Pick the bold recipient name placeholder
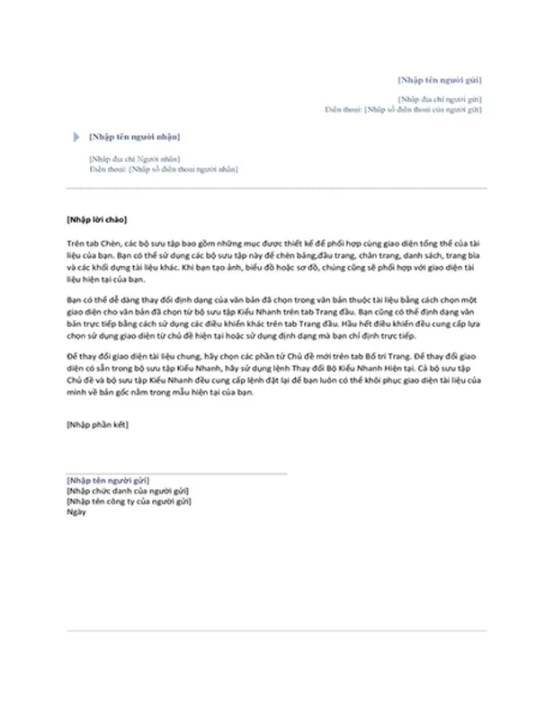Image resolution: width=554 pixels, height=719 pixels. click(x=133, y=137)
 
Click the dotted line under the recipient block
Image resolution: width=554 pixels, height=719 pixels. click(x=276, y=189)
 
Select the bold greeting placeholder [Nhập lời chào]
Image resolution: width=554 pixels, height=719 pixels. click(x=97, y=219)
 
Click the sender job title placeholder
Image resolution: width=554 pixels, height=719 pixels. click(x=127, y=492)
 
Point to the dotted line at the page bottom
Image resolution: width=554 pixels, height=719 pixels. click(x=276, y=630)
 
